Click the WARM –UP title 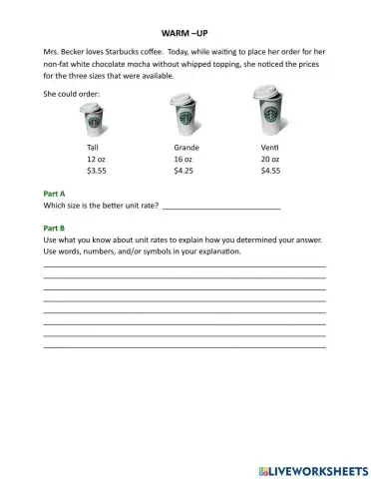pos(185,32)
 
